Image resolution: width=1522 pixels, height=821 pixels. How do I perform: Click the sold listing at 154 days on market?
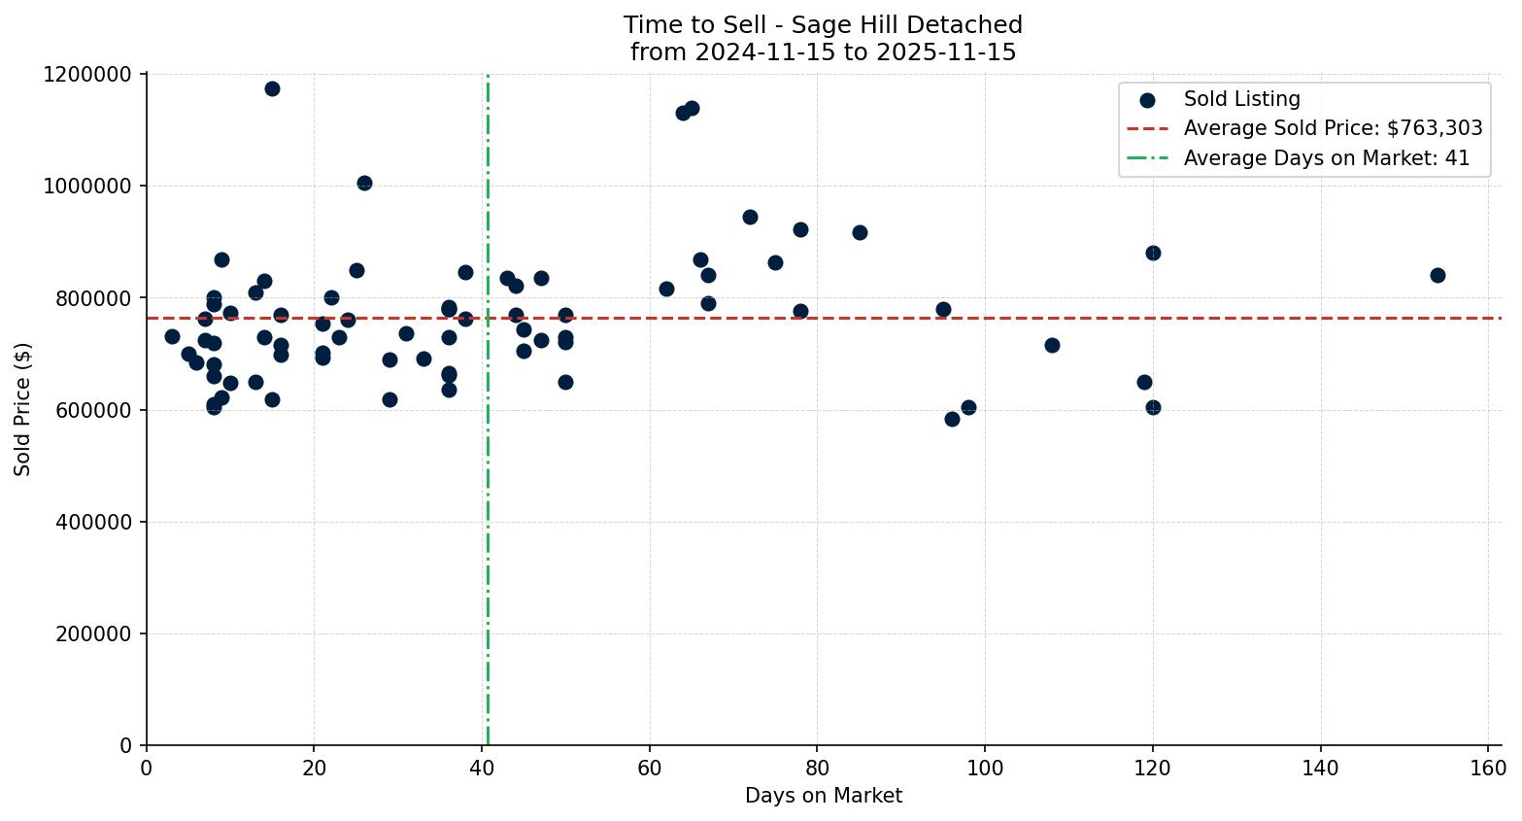point(1437,275)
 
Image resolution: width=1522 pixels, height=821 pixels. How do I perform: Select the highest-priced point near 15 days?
point(272,88)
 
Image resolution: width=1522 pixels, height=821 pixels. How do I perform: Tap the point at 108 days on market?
point(1052,345)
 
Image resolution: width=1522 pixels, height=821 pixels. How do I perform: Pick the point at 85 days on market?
point(860,232)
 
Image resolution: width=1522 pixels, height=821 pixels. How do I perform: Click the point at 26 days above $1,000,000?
point(364,183)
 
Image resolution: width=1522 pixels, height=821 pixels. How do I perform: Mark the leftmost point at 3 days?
point(172,336)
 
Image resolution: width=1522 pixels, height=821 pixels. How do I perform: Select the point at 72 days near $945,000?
point(750,217)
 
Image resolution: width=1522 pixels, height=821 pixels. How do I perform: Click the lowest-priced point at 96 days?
point(952,419)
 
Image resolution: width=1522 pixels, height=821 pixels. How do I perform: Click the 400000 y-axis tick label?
point(93,523)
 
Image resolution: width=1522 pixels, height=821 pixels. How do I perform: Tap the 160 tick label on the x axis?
point(1487,769)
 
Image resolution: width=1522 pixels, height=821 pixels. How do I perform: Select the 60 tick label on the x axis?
point(649,769)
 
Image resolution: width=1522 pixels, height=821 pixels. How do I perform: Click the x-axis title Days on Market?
point(823,796)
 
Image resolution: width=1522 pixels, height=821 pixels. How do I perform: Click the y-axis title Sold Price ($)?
point(23,409)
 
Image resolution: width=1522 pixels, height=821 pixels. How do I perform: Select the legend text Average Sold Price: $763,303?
point(1333,128)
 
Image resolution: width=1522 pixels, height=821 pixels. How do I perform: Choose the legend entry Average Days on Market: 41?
point(1326,158)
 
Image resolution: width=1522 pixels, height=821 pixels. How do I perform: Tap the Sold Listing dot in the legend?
point(1147,100)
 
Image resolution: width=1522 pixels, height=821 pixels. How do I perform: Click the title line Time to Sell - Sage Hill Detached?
point(823,25)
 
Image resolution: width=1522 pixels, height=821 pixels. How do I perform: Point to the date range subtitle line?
point(823,52)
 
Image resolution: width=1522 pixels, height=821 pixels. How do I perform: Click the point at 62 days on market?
point(666,289)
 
